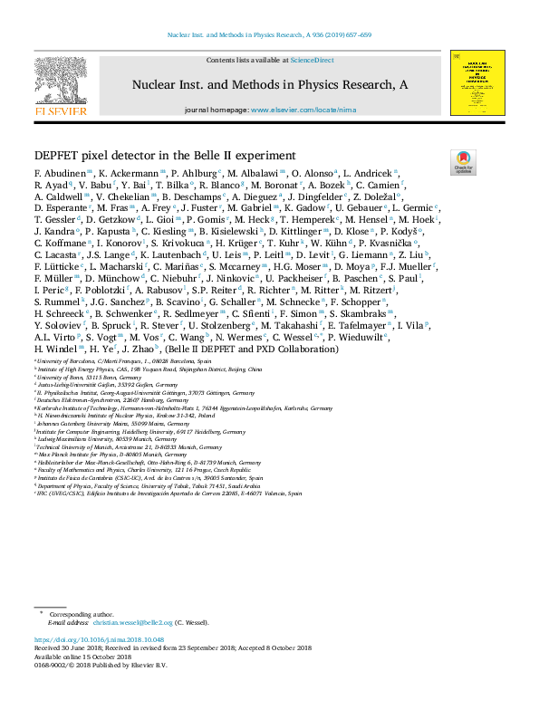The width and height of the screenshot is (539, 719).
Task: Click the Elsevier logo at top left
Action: [61, 87]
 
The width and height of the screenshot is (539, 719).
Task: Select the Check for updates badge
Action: [463, 163]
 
